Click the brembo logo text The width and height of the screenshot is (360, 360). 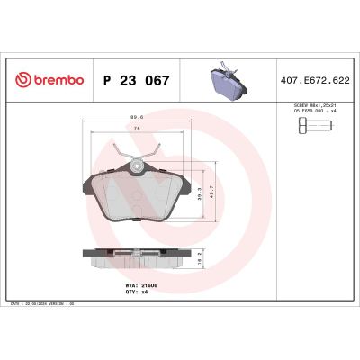tap(57, 80)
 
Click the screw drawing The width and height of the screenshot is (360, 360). tap(318, 127)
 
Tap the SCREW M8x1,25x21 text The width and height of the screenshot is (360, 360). tap(318, 106)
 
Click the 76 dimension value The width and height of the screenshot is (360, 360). tap(137, 129)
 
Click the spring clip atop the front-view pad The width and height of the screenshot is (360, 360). tap(137, 162)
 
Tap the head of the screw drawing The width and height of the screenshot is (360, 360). tap(303, 127)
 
